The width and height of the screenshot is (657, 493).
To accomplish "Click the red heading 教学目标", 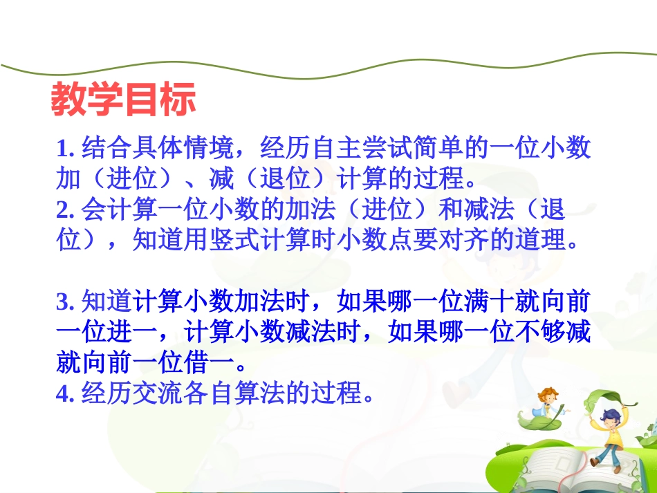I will (x=123, y=100).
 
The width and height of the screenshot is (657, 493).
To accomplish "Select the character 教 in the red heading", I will (x=68, y=100).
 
